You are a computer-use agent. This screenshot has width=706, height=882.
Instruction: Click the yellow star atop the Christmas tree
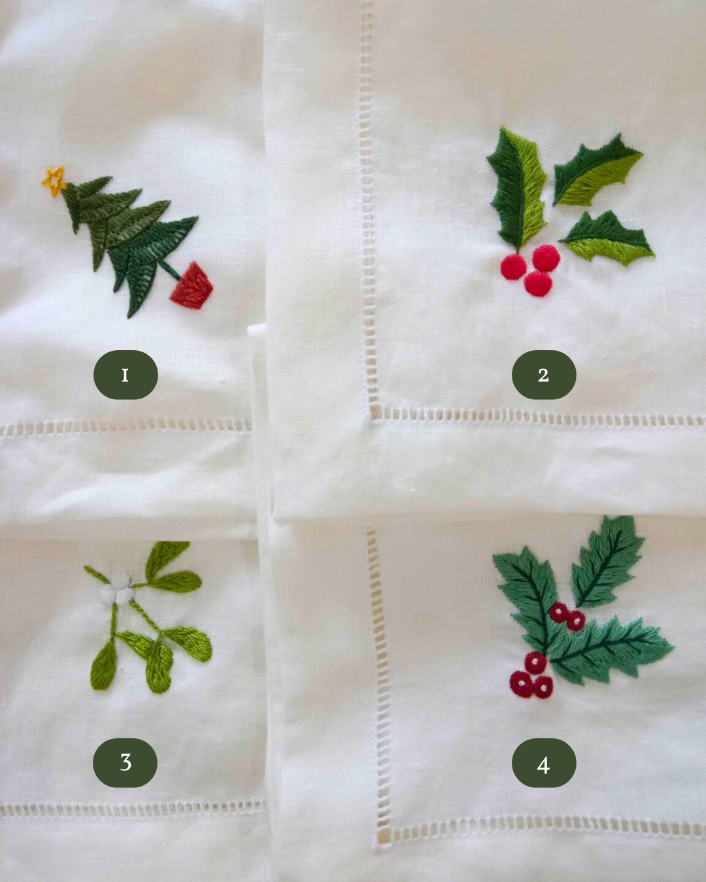tap(54, 180)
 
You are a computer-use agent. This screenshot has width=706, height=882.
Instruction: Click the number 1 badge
tap(126, 375)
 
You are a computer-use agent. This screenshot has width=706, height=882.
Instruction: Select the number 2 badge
tap(543, 375)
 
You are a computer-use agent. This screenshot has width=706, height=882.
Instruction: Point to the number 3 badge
tap(126, 762)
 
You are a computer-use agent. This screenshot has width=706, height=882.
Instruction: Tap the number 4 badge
tap(543, 763)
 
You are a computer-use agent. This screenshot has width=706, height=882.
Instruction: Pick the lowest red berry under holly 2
tap(538, 284)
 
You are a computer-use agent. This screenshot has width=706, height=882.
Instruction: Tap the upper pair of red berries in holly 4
tap(566, 616)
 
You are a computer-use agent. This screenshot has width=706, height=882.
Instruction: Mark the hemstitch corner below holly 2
tap(375, 413)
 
